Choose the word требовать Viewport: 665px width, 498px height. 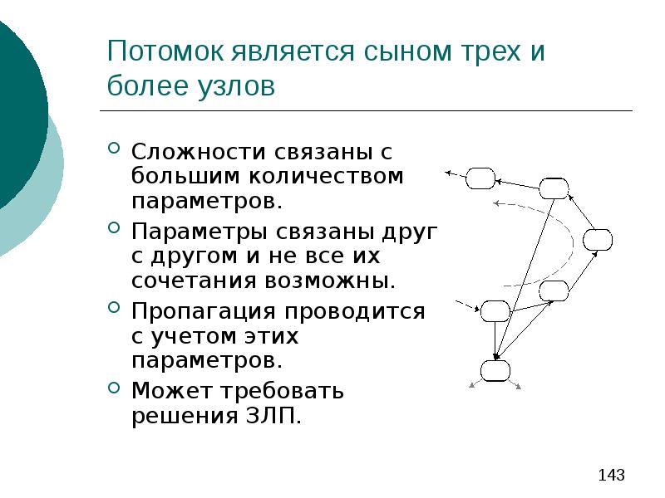point(271,390)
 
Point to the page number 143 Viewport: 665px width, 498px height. point(611,476)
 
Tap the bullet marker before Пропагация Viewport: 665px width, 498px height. point(115,310)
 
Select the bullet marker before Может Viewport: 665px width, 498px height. point(115,388)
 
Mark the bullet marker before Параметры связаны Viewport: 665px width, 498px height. point(115,227)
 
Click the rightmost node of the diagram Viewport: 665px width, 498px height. point(597,240)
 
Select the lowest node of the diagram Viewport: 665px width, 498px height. point(495,370)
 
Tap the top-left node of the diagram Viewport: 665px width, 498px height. point(480,178)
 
